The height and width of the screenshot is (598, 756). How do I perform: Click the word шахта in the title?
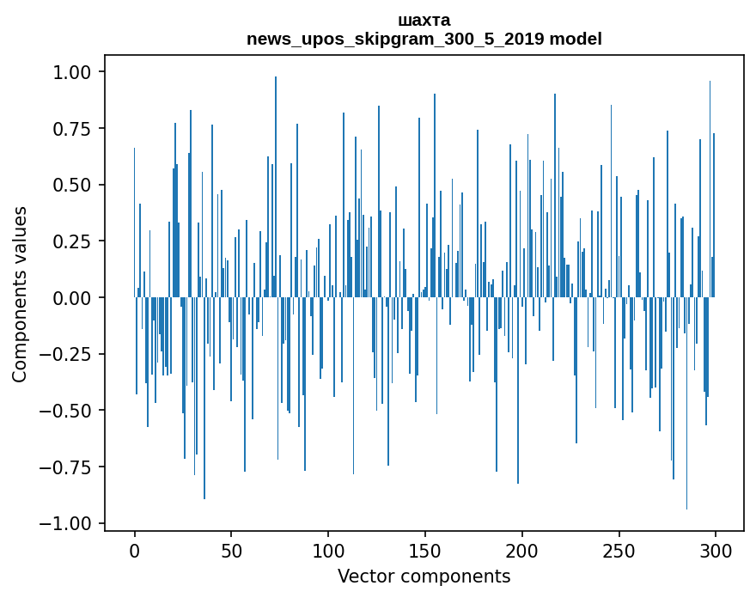coord(424,20)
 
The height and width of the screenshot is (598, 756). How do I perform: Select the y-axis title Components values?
coord(20,294)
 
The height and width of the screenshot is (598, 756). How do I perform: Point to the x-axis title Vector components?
coord(424,577)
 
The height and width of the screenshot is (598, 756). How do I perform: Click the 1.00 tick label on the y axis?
coord(76,72)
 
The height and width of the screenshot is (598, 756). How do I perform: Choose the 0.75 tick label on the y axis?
coord(76,129)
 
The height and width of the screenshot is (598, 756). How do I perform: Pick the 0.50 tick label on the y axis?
coord(76,185)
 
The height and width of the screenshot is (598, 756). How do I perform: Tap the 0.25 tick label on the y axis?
coord(76,241)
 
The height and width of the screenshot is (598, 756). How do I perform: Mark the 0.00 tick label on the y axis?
coord(76,298)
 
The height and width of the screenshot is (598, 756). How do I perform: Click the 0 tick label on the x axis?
coord(134,551)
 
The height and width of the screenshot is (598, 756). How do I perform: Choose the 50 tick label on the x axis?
coord(231,551)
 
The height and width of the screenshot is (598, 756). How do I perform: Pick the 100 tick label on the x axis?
coord(328,551)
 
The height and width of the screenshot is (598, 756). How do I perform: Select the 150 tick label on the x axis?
coord(424,551)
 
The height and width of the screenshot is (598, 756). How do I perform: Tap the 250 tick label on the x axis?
coord(619,551)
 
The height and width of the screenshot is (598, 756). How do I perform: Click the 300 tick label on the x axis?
coord(716,551)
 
